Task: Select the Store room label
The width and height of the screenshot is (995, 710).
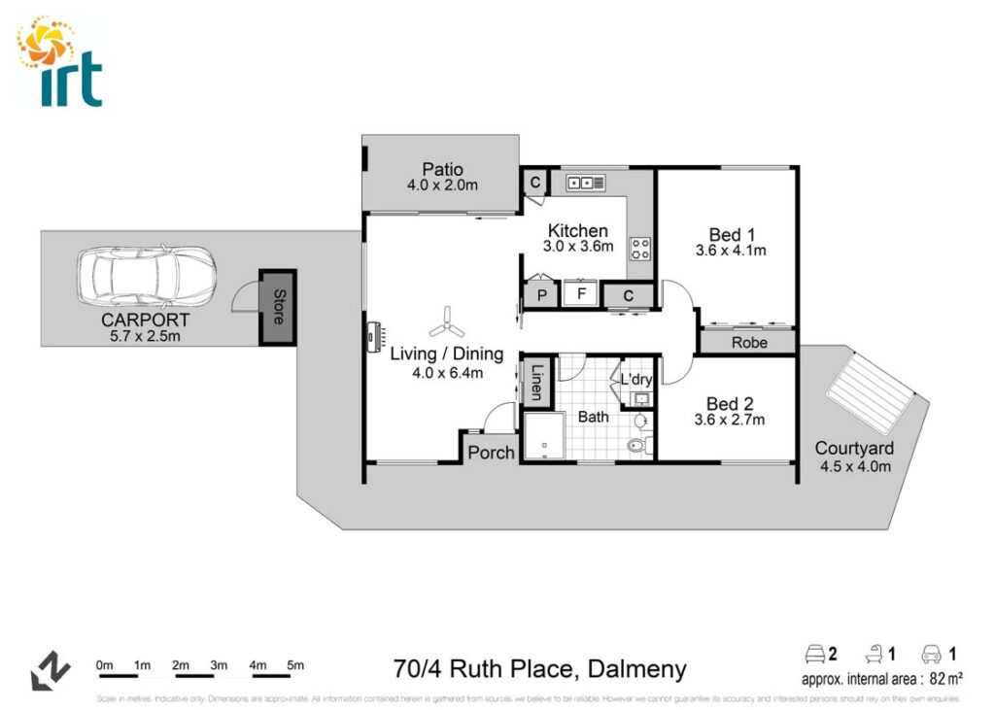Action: [x=279, y=307]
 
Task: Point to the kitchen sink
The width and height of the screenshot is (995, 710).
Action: [x=586, y=182]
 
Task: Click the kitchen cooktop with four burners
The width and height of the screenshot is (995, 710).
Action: [x=640, y=249]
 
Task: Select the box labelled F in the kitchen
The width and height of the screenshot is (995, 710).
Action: [x=581, y=292]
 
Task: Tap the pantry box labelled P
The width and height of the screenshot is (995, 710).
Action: [x=540, y=294]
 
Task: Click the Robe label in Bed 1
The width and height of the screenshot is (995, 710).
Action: [x=749, y=343]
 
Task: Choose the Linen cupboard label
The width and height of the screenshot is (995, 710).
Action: [x=536, y=382]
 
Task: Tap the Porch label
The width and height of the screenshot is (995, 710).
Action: [x=491, y=453]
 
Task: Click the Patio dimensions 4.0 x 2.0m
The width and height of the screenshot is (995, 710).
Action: [x=442, y=185]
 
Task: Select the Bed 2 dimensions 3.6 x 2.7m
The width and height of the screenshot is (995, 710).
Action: [x=731, y=421]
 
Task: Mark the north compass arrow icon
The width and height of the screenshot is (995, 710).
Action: [x=51, y=670]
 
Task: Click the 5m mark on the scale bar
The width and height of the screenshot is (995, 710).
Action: [x=295, y=665]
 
